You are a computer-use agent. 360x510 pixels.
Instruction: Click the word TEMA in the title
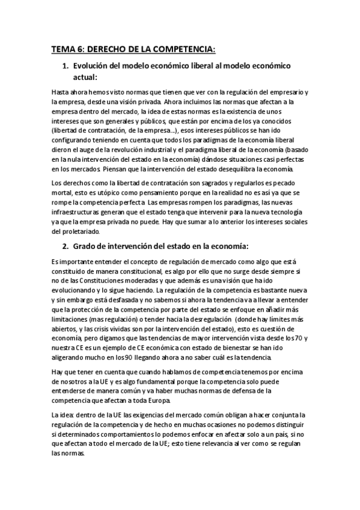pyautogui.click(x=63, y=50)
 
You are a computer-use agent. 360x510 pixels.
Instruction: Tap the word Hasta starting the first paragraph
pyautogui.click(x=61, y=93)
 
